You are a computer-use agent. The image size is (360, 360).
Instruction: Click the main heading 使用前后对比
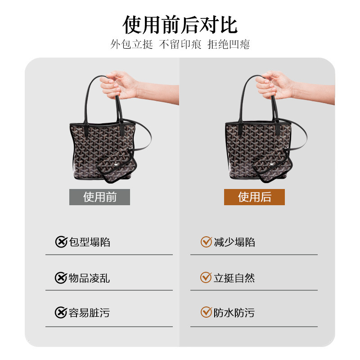pos(180,25)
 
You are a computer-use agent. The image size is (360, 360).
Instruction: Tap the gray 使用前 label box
pos(99,197)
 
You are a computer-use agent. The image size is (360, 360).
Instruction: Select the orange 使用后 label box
pos(254,197)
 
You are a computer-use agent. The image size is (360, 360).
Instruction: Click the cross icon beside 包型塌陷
pos(61,242)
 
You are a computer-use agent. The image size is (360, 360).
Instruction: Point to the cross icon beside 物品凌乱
pos(61,278)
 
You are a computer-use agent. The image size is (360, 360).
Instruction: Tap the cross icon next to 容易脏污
pos(61,312)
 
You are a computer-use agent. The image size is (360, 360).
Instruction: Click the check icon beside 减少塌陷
pos(206,242)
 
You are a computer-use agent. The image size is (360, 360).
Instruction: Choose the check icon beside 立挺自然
pos(206,277)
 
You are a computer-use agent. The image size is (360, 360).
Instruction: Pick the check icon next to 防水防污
pos(206,312)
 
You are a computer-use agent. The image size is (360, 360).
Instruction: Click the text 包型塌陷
pos(90,242)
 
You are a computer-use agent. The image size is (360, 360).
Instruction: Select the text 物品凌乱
pos(89,278)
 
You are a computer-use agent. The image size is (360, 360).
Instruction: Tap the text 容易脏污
pos(89,313)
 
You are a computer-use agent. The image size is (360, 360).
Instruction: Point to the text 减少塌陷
pos(234,242)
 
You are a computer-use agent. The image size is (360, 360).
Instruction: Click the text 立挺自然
pos(234,278)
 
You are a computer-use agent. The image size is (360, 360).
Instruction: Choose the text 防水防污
pos(234,313)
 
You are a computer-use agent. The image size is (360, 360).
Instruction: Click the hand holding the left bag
pos(119,85)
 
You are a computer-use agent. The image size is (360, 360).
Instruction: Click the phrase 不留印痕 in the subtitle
pos(180,44)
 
